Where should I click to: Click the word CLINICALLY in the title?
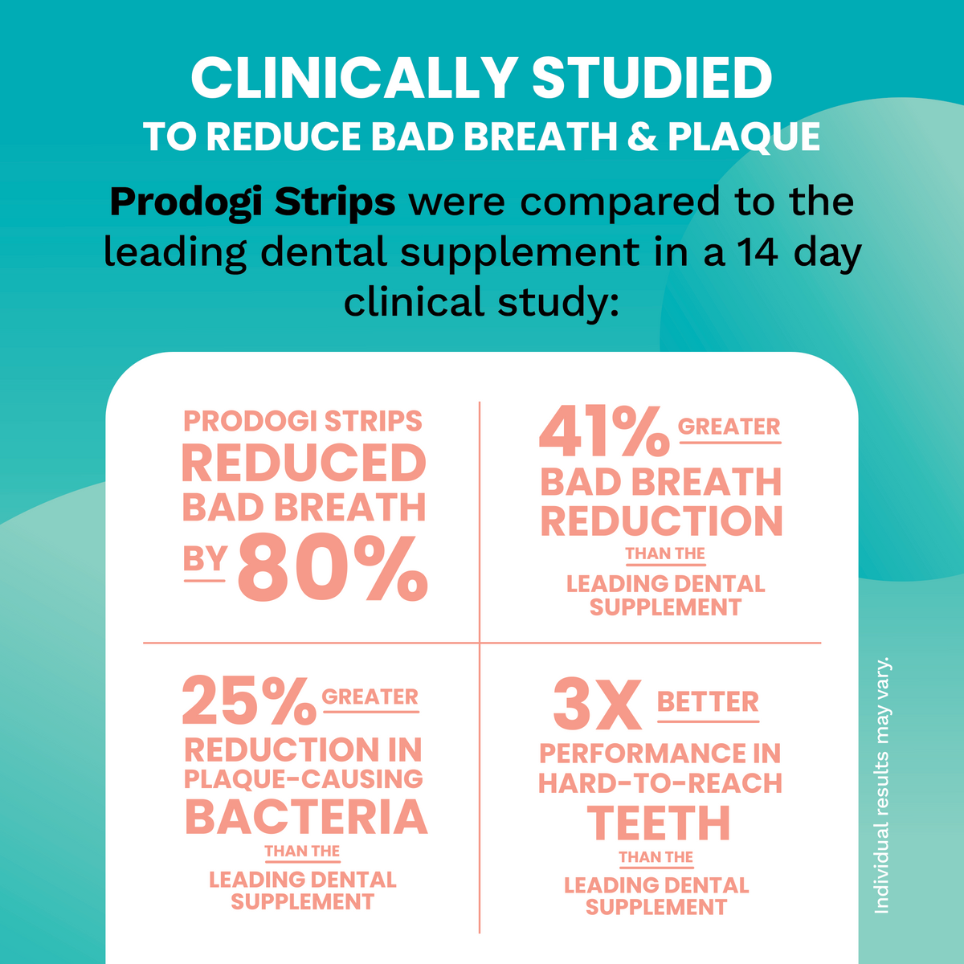[x=353, y=78]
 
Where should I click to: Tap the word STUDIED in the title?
[x=652, y=78]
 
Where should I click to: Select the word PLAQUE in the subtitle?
[x=744, y=137]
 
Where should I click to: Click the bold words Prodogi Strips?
[x=252, y=202]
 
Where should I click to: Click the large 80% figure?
[x=333, y=569]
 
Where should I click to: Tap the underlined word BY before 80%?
[x=205, y=559]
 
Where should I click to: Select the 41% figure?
[x=603, y=431]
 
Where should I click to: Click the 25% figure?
[x=249, y=701]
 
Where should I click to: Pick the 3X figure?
[x=598, y=705]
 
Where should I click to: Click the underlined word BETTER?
[x=708, y=702]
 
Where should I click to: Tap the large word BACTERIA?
[x=305, y=817]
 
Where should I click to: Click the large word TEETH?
[x=659, y=823]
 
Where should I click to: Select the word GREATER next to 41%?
[x=729, y=427]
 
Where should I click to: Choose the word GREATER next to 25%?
[x=370, y=696]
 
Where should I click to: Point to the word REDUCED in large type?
[x=304, y=464]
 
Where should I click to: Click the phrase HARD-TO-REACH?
[x=660, y=783]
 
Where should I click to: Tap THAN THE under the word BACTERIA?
[x=302, y=852]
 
